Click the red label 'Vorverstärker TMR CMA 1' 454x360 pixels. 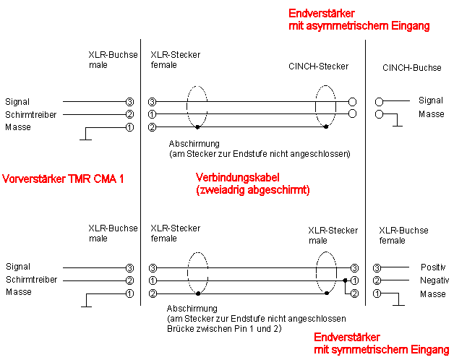63,178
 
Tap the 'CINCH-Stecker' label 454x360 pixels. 318,67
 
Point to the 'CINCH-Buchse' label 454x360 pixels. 411,68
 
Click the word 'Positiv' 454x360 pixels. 434,267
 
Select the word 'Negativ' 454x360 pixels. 434,280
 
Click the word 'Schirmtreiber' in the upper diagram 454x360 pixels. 30,114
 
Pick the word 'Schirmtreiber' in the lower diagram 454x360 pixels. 30,280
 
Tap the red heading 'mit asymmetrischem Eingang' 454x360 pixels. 359,26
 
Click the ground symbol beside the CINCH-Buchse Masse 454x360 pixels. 397,124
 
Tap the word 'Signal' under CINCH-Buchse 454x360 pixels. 431,100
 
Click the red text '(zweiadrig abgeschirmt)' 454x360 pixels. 253,191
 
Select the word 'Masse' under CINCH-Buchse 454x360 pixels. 432,114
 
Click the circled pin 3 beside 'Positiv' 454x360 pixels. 377,267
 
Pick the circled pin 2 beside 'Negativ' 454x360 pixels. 377,280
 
